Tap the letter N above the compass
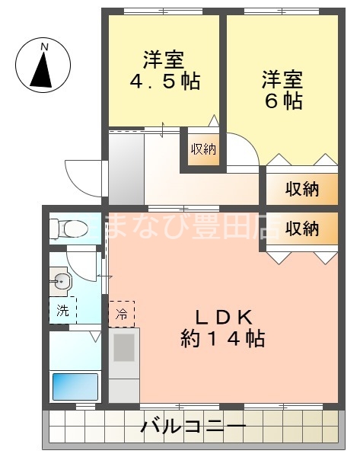[x=44, y=47]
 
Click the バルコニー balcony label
[x=193, y=427]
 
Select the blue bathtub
[x=75, y=386]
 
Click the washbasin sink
[x=62, y=283]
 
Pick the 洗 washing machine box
[x=62, y=311]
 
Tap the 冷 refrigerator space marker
[x=122, y=313]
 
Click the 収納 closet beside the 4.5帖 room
[x=202, y=149]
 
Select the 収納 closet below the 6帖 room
[x=301, y=188]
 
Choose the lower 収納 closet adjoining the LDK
[x=301, y=228]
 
